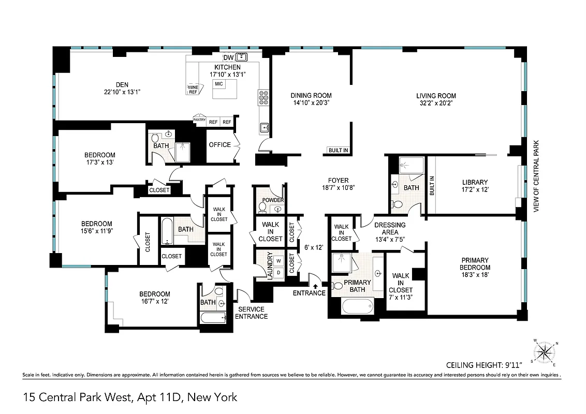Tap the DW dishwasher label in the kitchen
point(228,57)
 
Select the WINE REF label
point(193,90)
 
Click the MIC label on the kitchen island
point(219,84)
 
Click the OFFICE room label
point(219,145)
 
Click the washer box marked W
point(278,261)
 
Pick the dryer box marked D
point(278,272)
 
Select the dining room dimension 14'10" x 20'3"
point(311,102)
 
